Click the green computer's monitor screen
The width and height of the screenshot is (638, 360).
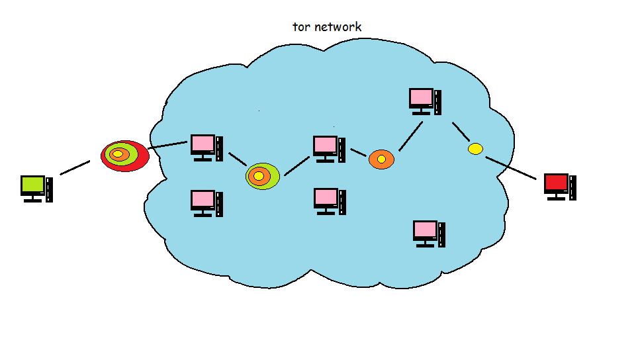click(32, 185)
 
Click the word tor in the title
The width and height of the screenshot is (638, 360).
click(301, 27)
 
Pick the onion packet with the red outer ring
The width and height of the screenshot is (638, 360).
click(124, 156)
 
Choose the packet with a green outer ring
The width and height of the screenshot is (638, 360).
click(262, 176)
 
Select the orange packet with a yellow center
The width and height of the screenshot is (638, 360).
click(381, 159)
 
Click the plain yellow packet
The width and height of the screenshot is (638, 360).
click(475, 149)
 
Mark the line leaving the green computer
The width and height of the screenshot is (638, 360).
click(75, 167)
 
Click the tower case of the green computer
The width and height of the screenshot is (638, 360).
click(50, 189)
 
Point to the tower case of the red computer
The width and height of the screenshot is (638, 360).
click(572, 187)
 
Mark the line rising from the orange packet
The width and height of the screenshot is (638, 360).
click(410, 136)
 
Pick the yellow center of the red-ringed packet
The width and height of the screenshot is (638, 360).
click(118, 154)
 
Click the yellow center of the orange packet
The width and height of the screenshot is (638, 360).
click(381, 159)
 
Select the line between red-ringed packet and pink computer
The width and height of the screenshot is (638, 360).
click(168, 145)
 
